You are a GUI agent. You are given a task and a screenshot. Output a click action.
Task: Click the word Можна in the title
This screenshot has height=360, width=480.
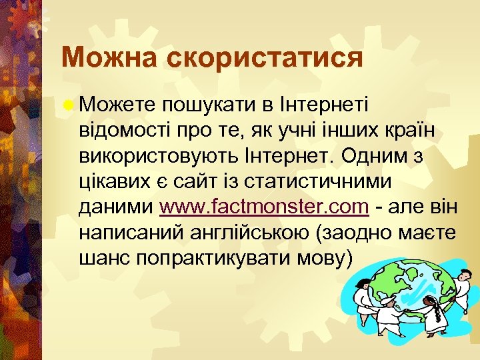tap(107, 57)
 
